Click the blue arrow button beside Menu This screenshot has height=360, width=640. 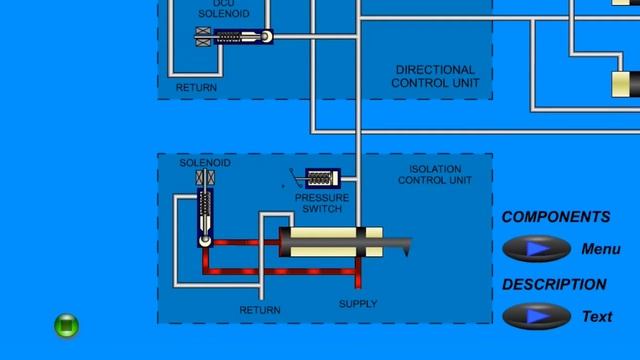(x=537, y=249)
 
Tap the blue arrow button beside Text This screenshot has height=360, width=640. (x=537, y=316)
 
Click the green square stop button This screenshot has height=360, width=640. (x=66, y=325)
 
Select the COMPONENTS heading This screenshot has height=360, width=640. (x=555, y=217)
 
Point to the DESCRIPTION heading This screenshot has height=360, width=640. (x=554, y=284)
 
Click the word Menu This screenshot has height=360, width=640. (x=601, y=249)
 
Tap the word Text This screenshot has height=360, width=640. (x=597, y=316)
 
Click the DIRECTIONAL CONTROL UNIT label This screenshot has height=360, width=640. (x=435, y=77)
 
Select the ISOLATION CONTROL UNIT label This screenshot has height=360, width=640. (x=435, y=175)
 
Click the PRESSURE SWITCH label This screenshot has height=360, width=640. (x=321, y=203)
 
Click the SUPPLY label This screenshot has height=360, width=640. (x=358, y=303)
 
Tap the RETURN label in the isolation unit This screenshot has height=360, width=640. (x=260, y=310)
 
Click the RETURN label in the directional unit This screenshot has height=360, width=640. (x=196, y=88)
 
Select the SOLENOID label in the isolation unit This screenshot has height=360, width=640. (x=205, y=163)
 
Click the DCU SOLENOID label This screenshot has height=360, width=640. (x=217, y=10)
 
